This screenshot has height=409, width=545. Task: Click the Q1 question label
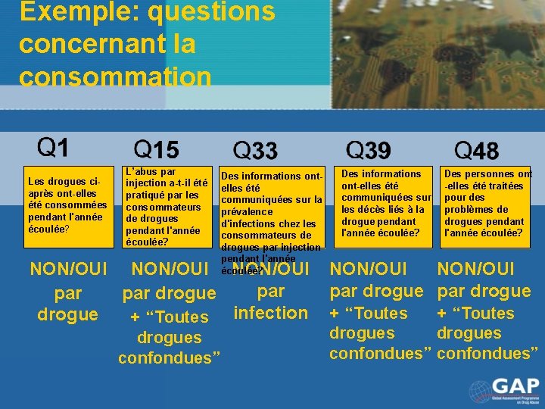point(53,146)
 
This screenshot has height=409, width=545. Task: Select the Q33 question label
point(255,150)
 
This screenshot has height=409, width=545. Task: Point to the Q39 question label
point(368,150)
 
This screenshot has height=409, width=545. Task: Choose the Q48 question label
point(476,150)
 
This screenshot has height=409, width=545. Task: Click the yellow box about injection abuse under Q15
point(167,206)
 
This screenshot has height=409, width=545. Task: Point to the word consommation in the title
point(115,76)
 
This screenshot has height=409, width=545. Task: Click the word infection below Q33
point(270,313)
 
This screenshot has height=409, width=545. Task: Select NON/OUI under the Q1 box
point(67,269)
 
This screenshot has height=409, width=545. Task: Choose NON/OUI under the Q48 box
point(476,269)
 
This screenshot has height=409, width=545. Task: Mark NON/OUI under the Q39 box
point(369,269)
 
